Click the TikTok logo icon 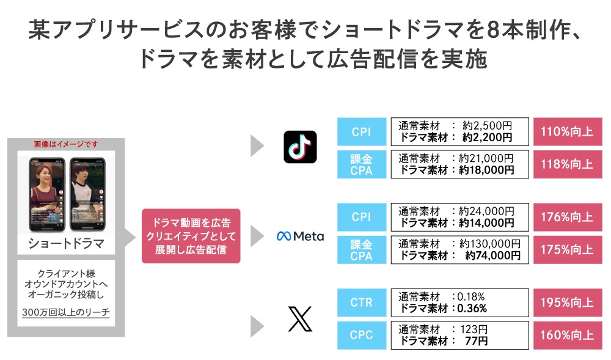point(300,147)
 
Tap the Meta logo point(300,236)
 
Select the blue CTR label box point(362,303)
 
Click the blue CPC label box point(362,335)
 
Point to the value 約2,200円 point(487,138)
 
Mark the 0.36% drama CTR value point(471,308)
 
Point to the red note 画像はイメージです point(65,144)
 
